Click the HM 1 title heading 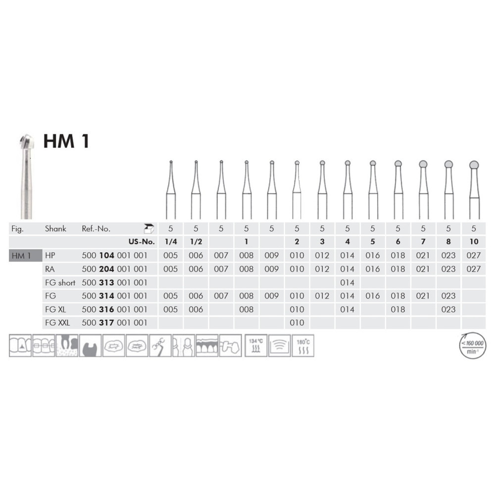tap(66, 141)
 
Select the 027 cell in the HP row tap(474, 255)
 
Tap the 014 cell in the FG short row tap(347, 283)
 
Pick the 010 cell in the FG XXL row tap(297, 323)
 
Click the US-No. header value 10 tap(474, 242)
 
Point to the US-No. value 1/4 tap(171, 242)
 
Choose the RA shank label tap(50, 269)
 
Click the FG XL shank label tap(55, 309)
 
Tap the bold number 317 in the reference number tap(106, 323)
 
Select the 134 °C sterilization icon tap(256, 346)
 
